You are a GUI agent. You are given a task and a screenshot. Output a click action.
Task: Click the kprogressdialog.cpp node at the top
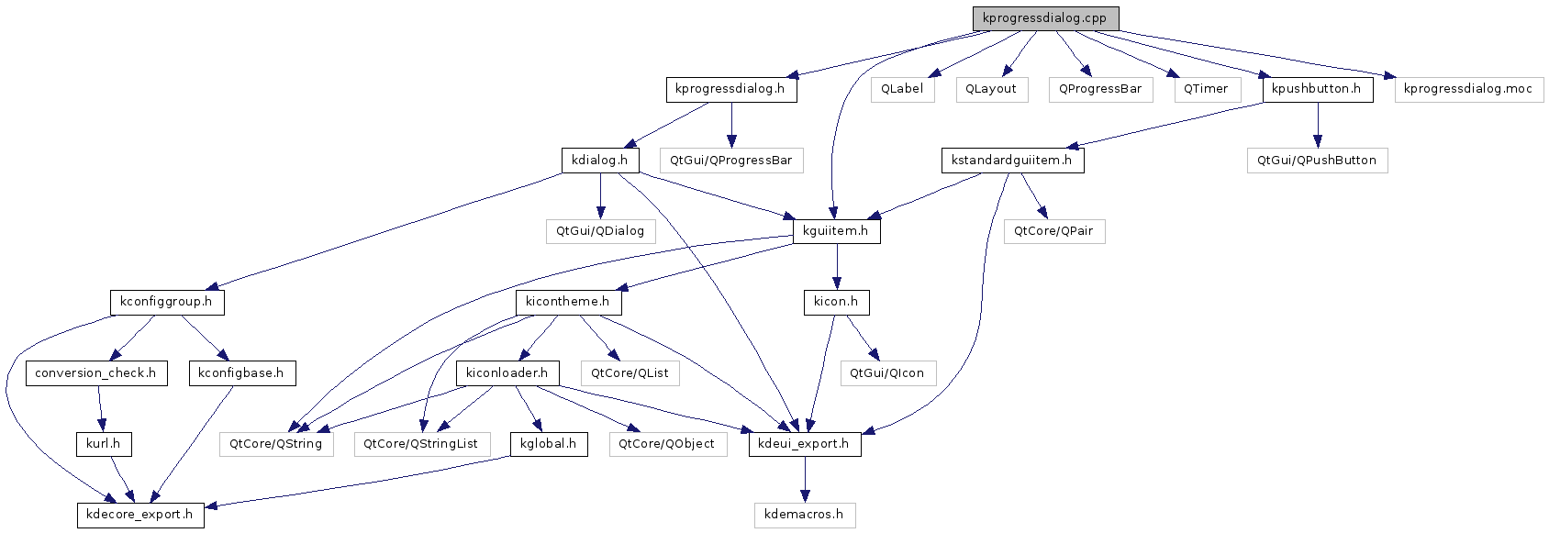[1045, 18]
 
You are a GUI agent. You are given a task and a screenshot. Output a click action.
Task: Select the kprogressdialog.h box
[731, 90]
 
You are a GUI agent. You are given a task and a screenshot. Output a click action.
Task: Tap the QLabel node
[902, 90]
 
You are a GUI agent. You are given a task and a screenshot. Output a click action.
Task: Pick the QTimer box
[1205, 90]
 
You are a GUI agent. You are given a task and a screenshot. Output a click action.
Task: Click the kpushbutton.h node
[1318, 90]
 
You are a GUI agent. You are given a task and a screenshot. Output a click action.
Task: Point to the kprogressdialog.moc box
[1469, 90]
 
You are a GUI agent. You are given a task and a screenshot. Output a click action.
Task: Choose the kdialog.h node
[600, 161]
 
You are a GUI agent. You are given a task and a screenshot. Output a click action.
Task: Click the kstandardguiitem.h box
[1012, 161]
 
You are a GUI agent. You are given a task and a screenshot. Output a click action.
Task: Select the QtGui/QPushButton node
[1317, 161]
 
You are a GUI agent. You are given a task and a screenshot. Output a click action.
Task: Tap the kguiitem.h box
[837, 231]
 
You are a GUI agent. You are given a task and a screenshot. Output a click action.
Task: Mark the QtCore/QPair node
[1053, 231]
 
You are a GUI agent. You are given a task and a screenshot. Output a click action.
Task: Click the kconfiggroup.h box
[167, 303]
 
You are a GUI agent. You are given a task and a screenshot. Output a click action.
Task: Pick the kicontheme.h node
[568, 303]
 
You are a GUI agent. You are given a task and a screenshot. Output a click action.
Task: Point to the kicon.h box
[836, 303]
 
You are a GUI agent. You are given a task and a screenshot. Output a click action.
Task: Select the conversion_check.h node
[96, 374]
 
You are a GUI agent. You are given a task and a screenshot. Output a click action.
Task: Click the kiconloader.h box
[507, 374]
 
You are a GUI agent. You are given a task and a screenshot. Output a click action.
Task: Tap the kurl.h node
[104, 445]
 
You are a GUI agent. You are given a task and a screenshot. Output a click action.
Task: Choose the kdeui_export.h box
[804, 445]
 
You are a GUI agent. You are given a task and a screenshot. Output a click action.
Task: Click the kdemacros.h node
[804, 516]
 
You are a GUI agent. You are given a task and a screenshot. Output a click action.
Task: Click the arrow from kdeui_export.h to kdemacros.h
[804, 480]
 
